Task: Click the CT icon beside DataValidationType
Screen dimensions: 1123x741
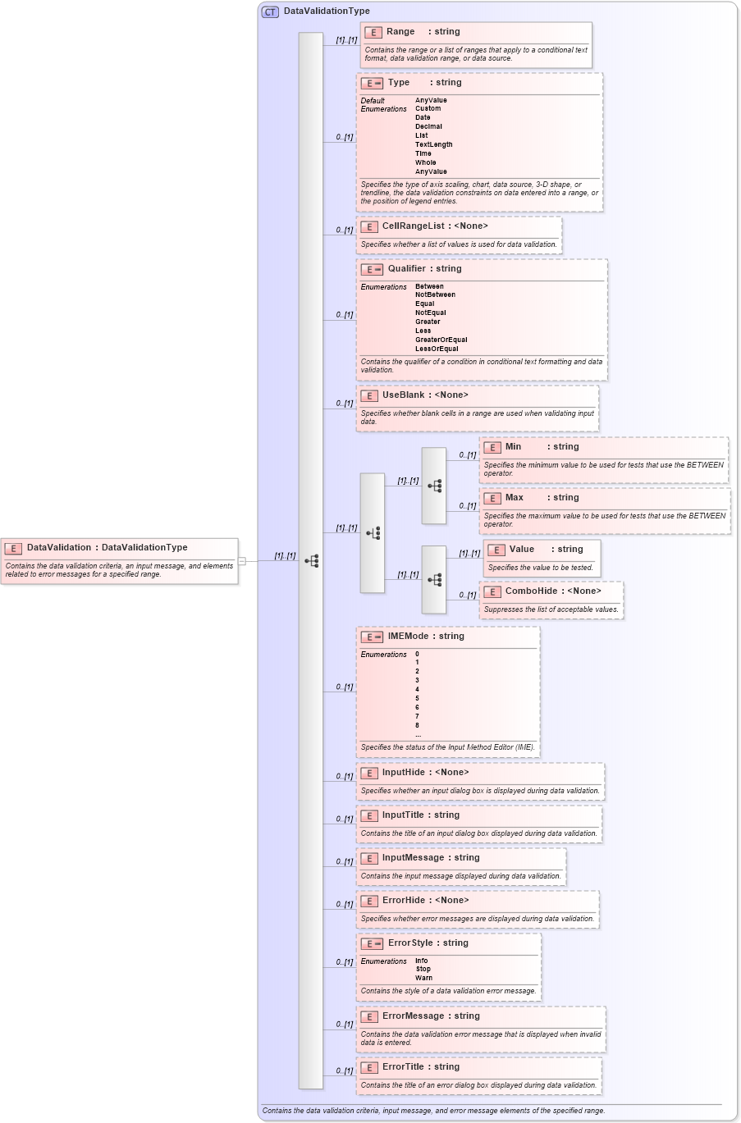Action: point(270,11)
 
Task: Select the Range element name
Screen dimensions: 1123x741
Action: point(400,32)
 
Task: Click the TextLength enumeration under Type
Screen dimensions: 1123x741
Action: point(433,144)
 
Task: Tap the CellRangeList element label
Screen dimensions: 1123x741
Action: point(413,226)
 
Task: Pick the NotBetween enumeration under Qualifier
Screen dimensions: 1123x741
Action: point(435,294)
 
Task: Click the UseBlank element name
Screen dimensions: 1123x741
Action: point(403,395)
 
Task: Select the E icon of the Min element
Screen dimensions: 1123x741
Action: point(492,447)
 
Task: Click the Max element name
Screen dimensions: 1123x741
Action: point(514,498)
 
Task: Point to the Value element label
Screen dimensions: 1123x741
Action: point(521,550)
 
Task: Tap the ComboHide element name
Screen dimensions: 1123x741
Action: point(531,591)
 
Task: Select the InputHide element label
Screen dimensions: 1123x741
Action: point(403,773)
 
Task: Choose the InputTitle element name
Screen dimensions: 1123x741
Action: point(403,815)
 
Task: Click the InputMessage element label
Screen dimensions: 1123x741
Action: point(413,858)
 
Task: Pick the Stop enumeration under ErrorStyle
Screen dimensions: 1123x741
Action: point(423,969)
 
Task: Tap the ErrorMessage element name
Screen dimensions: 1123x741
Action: point(413,1016)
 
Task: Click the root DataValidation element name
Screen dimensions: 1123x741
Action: point(59,548)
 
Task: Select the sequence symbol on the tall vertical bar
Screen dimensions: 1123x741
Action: point(311,561)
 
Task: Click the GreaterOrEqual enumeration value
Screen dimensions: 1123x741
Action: point(441,340)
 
